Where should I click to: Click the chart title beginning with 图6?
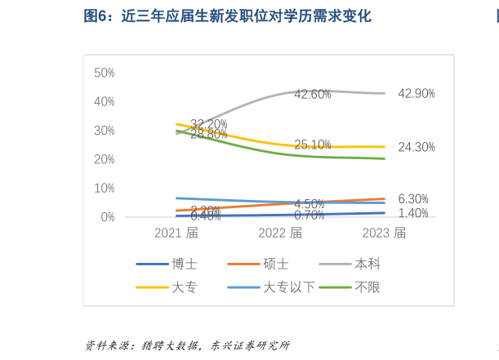(x=227, y=16)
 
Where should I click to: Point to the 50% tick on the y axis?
(x=104, y=73)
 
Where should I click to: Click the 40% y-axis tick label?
(x=104, y=102)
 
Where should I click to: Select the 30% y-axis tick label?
(x=104, y=131)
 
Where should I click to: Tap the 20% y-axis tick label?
(x=104, y=159)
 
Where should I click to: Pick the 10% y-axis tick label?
(x=104, y=188)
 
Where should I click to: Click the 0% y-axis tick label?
(x=107, y=217)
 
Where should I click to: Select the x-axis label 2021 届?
(x=176, y=233)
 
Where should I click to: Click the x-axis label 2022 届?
(x=280, y=233)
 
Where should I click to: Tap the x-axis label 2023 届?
(x=384, y=233)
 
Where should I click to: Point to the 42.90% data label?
(x=417, y=94)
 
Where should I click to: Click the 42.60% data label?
(x=313, y=95)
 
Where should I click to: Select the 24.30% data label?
(x=417, y=148)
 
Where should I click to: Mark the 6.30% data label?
(x=413, y=199)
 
